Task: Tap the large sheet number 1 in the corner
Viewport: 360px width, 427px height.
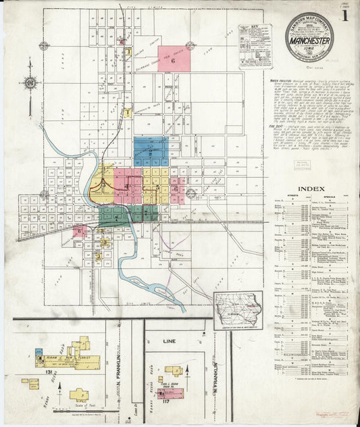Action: point(344,15)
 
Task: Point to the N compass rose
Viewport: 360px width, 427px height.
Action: point(30,83)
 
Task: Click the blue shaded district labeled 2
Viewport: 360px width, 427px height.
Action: point(151,152)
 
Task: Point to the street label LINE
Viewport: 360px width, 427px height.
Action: point(169,342)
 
